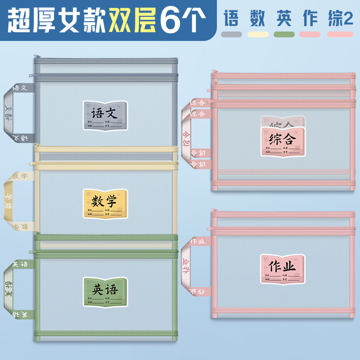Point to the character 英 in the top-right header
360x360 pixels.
[x=284, y=18]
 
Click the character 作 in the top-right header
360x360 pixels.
[x=310, y=18]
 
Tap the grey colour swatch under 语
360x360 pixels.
[x=232, y=34]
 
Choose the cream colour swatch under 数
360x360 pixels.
[x=258, y=34]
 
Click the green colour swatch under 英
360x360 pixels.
[x=284, y=34]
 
